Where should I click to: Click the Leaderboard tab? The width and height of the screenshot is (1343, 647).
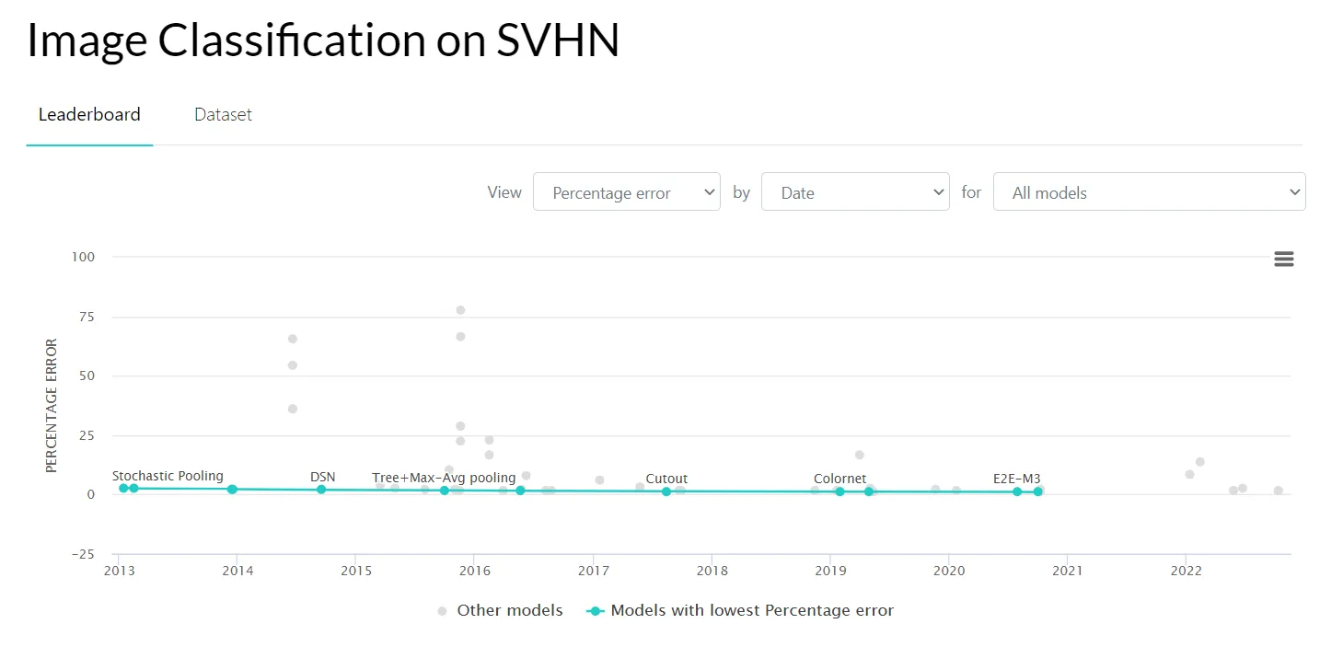point(89,115)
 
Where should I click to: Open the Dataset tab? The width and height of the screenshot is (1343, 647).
point(223,115)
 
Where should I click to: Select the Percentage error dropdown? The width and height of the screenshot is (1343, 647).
point(626,192)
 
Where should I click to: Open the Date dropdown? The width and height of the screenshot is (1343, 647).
point(854,192)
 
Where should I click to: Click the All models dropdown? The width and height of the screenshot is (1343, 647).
point(1148,192)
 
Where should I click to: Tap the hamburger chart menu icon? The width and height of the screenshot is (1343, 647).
point(1283,260)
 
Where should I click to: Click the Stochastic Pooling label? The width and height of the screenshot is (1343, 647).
point(168,476)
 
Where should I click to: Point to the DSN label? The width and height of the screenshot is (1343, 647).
point(322,477)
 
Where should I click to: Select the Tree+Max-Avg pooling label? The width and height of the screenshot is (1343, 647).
point(444,478)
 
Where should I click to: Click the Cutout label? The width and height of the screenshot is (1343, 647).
point(666,479)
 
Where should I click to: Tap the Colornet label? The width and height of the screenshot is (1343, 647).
point(839,479)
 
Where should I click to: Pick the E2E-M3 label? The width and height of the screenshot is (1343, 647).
point(1016,479)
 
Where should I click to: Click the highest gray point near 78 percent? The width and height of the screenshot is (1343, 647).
point(460,310)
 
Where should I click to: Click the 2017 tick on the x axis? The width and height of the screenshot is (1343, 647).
point(593,571)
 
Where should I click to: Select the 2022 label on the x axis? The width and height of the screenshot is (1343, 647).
point(1186,571)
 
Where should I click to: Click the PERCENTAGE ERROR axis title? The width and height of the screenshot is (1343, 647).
point(52,406)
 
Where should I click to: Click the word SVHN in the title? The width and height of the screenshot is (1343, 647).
point(558,40)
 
